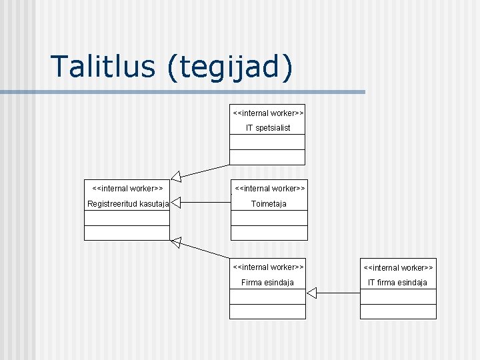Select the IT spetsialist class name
(x=268, y=127)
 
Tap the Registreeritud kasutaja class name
(x=127, y=203)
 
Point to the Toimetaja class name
(x=269, y=203)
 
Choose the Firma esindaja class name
(x=267, y=282)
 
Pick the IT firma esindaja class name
(x=398, y=282)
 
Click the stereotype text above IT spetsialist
(x=268, y=113)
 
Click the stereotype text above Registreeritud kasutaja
(x=127, y=189)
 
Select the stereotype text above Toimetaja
(x=269, y=189)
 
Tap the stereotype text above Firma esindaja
(x=268, y=267)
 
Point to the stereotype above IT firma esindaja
(x=398, y=267)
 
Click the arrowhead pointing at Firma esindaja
(x=312, y=292)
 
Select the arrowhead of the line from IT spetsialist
(x=176, y=177)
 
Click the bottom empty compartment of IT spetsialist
(x=267, y=157)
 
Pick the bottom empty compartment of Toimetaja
(x=269, y=233)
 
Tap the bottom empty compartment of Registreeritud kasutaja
(x=127, y=233)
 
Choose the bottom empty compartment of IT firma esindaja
(x=398, y=311)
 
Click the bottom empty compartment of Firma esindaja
(x=267, y=311)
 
